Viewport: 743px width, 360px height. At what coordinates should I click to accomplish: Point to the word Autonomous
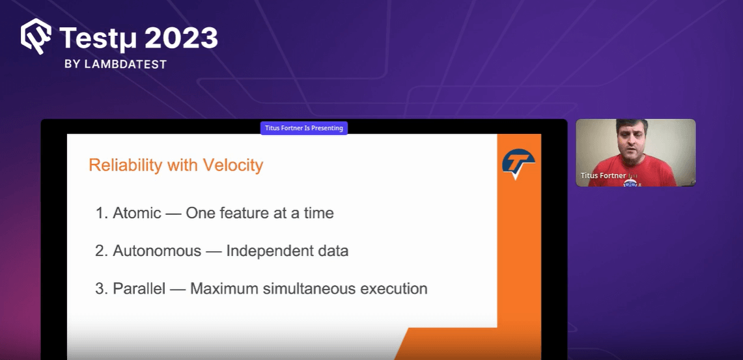157,251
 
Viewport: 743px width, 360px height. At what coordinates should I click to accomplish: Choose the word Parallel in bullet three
139,288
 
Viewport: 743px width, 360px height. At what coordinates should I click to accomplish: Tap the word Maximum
222,288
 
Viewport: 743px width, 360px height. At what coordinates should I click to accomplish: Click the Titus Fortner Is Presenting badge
303,128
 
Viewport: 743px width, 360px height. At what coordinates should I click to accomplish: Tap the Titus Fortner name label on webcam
604,175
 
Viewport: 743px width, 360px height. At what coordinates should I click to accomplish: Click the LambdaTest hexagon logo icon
36,36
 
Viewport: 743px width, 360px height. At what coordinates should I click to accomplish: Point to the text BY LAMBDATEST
116,64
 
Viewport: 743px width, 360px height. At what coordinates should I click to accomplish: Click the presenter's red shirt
632,173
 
